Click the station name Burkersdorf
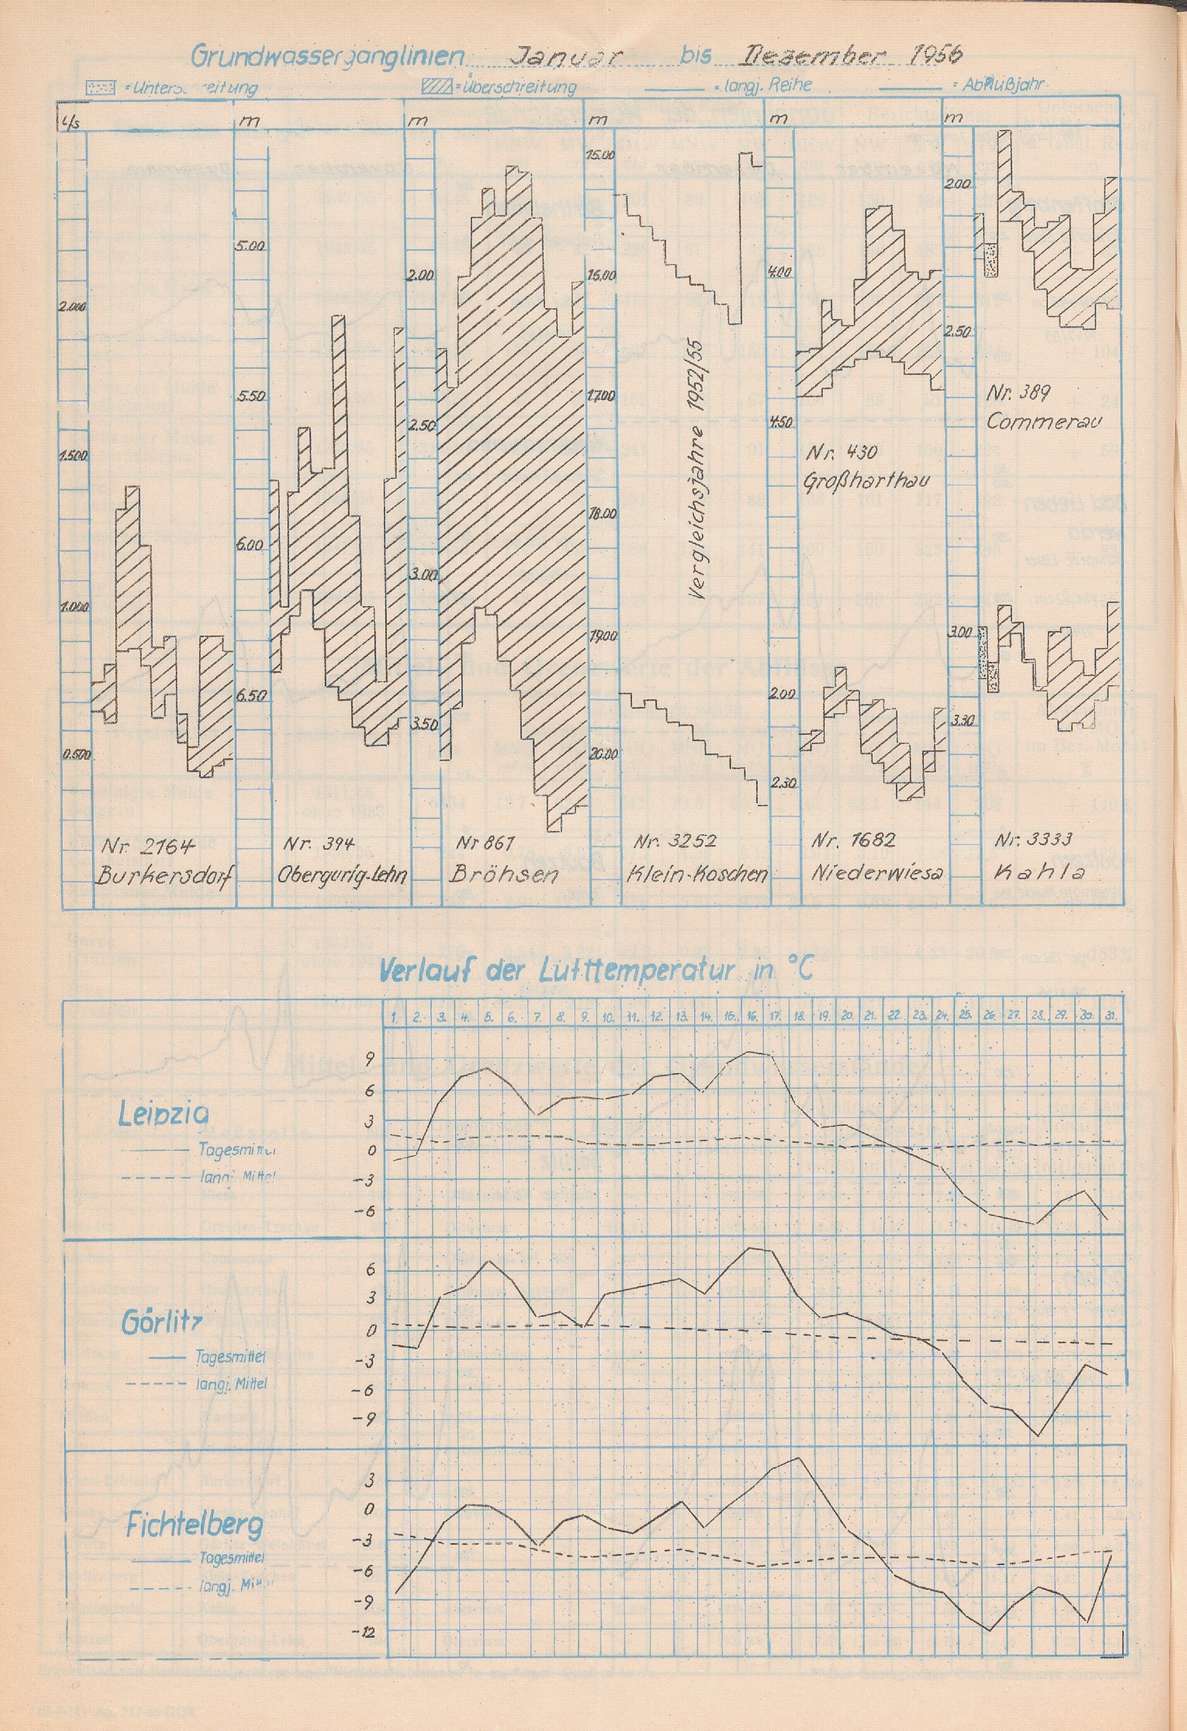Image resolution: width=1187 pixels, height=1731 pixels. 163,877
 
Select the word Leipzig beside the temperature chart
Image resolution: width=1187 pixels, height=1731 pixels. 163,1115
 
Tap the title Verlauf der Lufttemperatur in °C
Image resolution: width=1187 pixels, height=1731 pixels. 596,971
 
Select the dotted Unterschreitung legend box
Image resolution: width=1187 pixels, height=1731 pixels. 100,87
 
